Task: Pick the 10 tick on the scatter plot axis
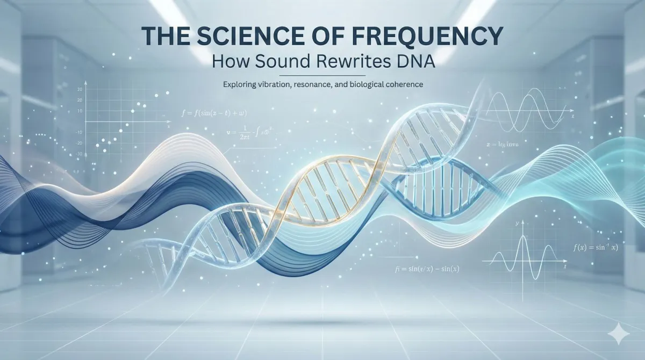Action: (x=80, y=111)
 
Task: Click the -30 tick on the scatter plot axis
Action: (x=78, y=154)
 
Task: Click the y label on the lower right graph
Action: (x=515, y=221)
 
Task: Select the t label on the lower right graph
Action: (x=564, y=267)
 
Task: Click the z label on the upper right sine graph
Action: (x=573, y=116)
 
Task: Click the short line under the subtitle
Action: (x=322, y=75)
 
